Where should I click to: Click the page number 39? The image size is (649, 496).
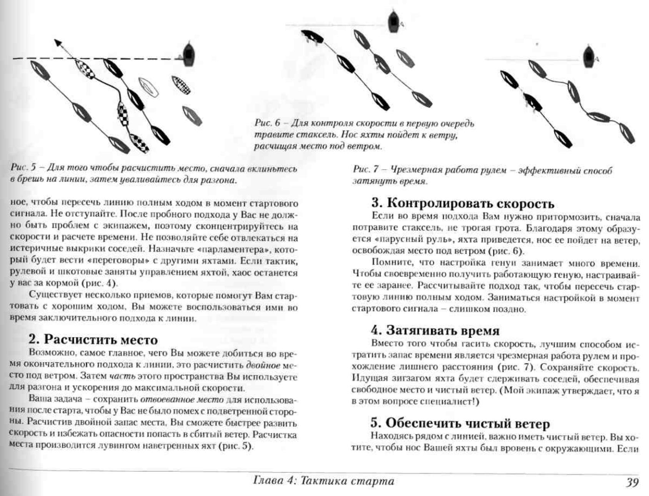coord(631,483)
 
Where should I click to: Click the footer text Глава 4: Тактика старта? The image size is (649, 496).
coord(324,481)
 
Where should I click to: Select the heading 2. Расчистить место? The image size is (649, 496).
coord(93,340)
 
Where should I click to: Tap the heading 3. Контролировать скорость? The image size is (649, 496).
coord(463,203)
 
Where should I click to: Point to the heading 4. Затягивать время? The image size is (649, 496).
coord(435,331)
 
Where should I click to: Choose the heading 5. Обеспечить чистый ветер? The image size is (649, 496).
coord(460,423)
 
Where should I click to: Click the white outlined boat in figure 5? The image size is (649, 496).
coord(148,87)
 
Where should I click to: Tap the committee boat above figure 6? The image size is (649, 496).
coord(393,22)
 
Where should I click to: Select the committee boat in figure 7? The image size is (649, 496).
coord(588,57)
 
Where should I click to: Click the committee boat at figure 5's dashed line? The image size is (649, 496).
coord(188,54)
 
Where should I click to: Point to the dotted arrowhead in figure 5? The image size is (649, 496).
coord(58,43)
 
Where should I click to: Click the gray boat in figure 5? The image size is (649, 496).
coord(192,116)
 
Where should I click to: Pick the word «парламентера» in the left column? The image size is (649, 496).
coord(232,249)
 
